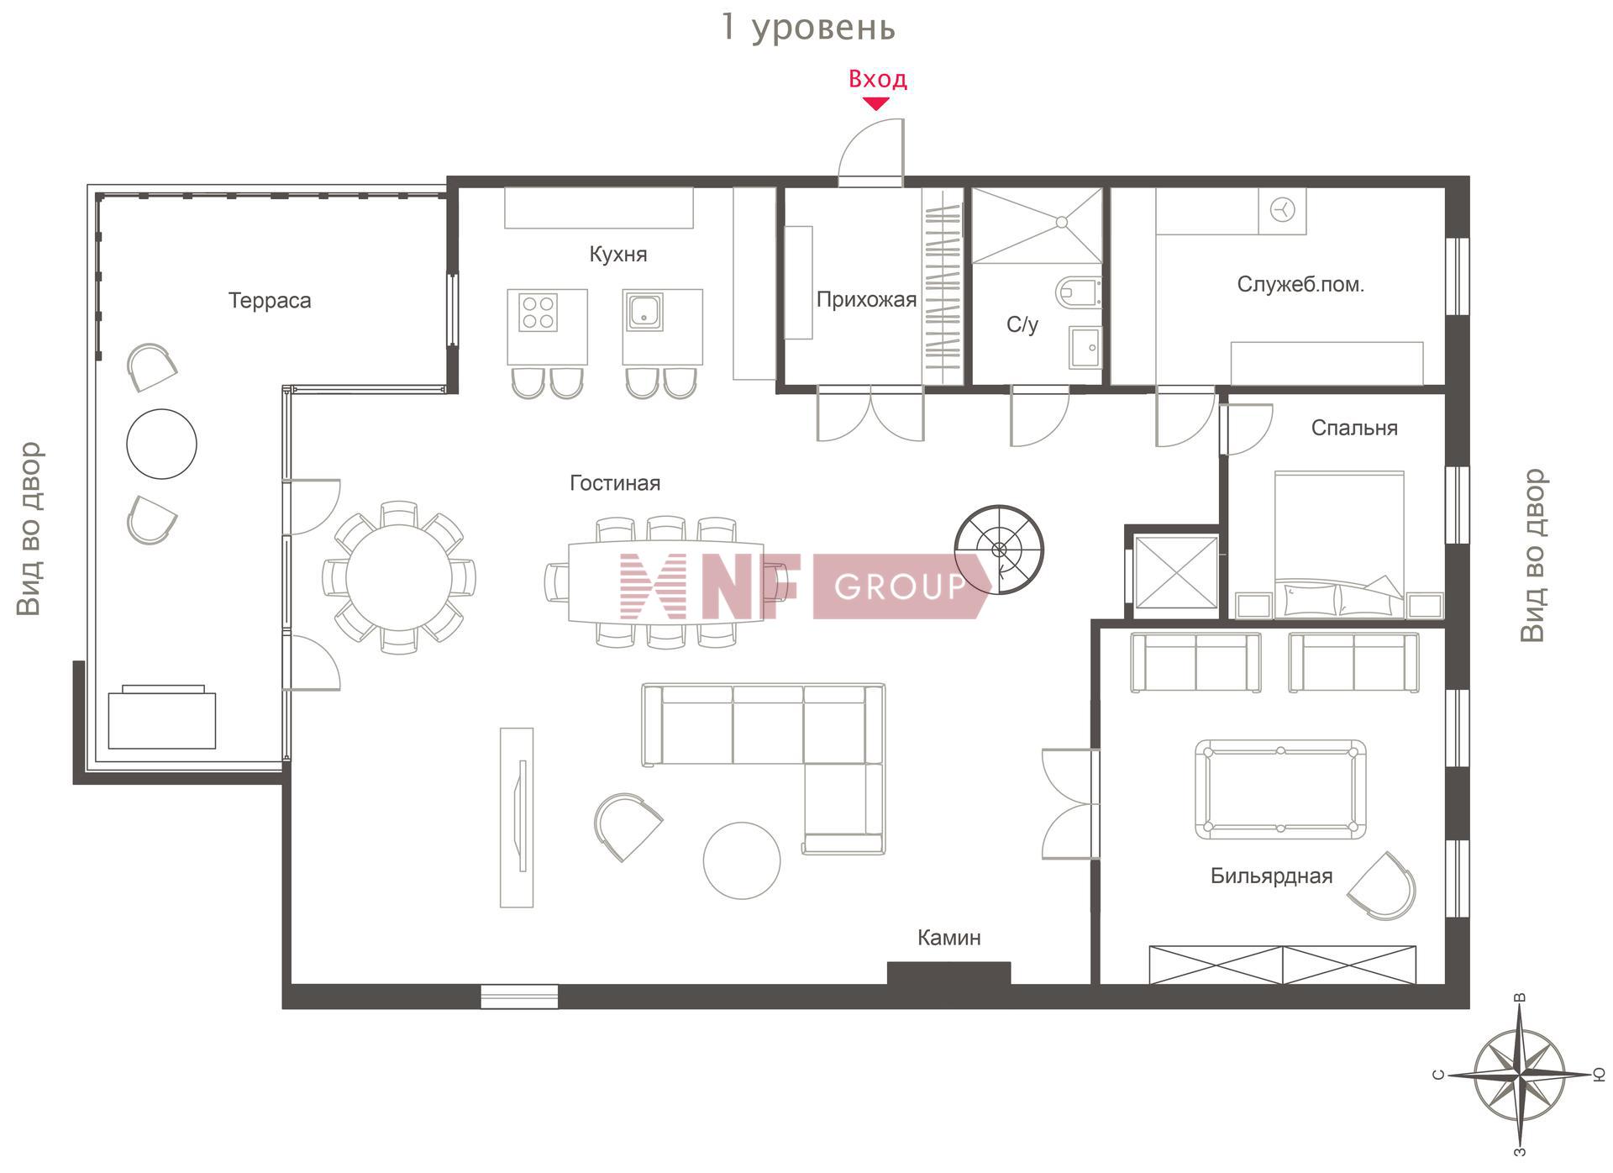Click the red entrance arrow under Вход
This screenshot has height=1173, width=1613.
click(876, 103)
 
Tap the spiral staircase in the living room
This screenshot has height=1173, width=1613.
click(999, 550)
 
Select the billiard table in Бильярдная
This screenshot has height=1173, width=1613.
click(1280, 789)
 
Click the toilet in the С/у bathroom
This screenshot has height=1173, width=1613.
click(1078, 292)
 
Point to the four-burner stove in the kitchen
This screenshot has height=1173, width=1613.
click(539, 312)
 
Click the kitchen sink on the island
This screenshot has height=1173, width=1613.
click(644, 311)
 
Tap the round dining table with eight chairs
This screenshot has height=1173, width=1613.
click(398, 577)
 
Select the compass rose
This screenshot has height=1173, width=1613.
click(1520, 1074)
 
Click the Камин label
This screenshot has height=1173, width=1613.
click(948, 937)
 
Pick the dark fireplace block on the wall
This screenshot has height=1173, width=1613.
click(948, 973)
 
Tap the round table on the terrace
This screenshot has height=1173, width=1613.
click(161, 444)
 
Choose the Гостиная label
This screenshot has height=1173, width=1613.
click(615, 483)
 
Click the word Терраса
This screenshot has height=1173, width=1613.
click(270, 301)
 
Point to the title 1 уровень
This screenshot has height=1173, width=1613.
click(808, 27)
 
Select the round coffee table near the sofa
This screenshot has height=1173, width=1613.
click(741, 860)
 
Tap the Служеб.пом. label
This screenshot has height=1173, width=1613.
click(1300, 284)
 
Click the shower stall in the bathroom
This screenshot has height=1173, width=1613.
click(1037, 225)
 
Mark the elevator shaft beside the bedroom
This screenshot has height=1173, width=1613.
click(1175, 572)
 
